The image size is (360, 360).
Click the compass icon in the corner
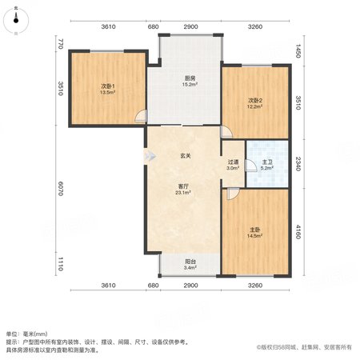coord(16,21)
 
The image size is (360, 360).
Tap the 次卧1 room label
coord(108,86)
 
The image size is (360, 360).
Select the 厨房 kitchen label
coord(190,78)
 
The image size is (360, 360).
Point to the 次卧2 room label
coord(255,101)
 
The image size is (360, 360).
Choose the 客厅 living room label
coord(183,186)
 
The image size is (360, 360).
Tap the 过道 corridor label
coord(233,162)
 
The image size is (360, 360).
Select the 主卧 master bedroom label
coord(255,230)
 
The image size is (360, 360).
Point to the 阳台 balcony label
coord(190,262)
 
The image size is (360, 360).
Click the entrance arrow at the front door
coord(150,156)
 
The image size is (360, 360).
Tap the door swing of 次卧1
coord(141,117)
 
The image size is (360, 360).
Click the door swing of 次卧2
coord(226,132)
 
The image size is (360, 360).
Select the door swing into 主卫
coord(250,166)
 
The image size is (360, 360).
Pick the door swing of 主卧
coord(233,194)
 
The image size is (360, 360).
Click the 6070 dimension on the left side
coord(61,189)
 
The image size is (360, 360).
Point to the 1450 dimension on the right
coord(298,51)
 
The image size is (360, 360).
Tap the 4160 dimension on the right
coord(298,232)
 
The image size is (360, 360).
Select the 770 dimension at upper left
coord(61,44)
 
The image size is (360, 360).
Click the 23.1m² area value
coord(183,192)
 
